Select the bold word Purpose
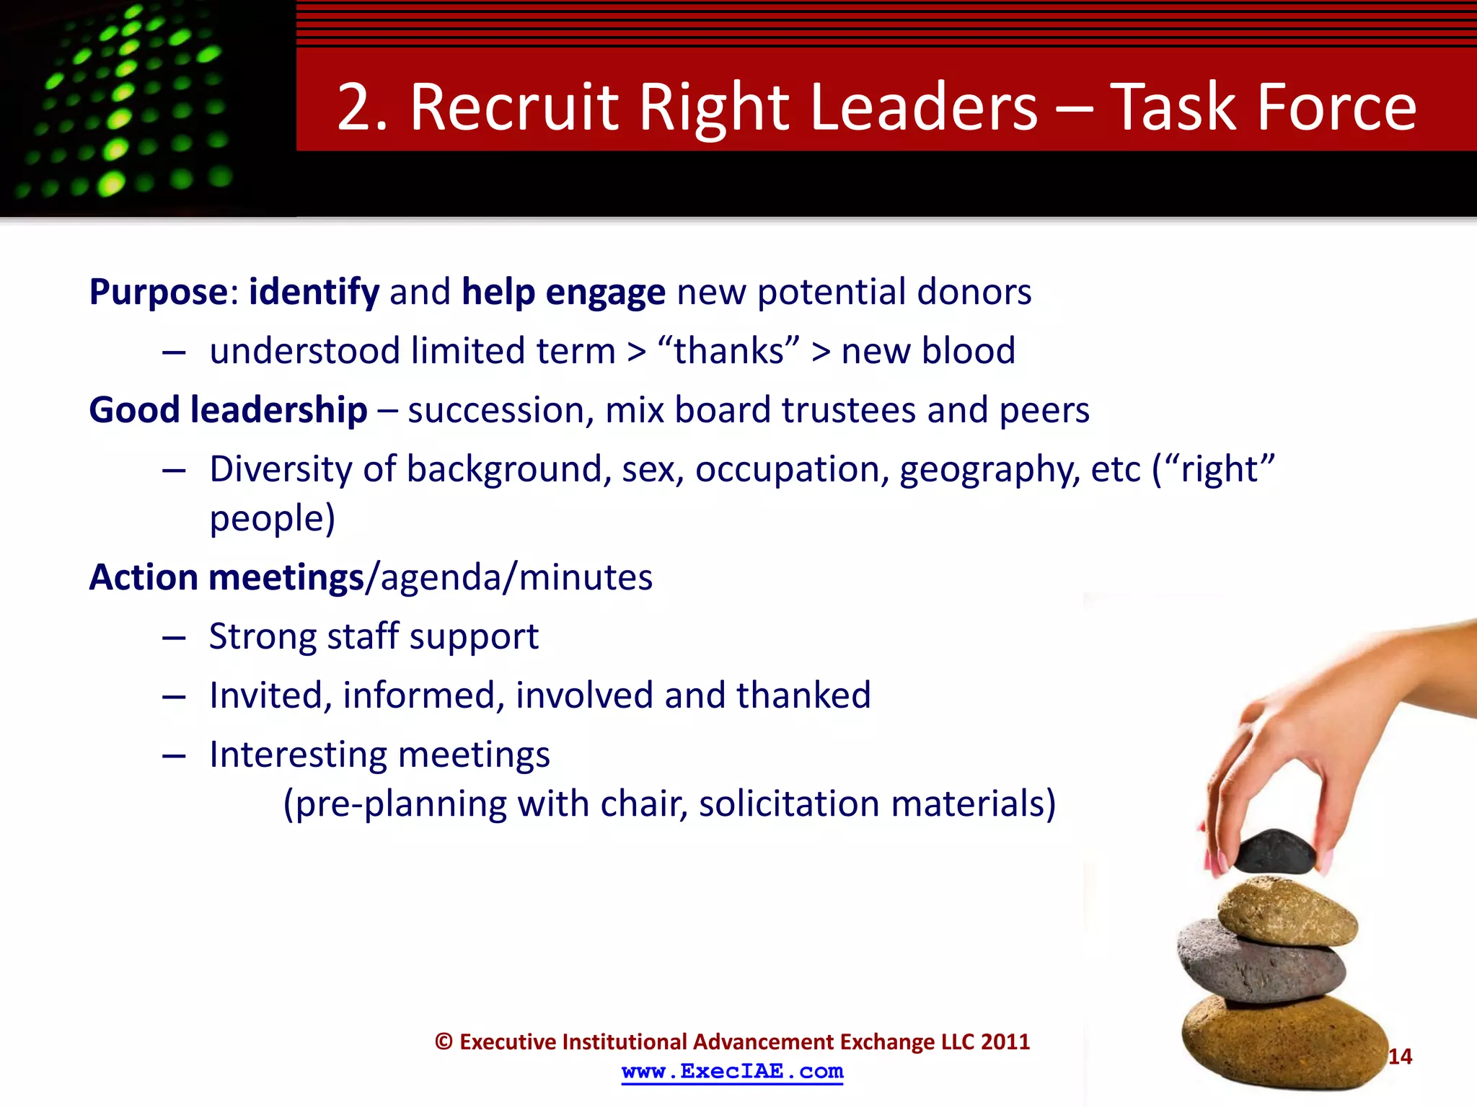159,293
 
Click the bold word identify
314,293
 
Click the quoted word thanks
728,351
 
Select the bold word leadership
278,411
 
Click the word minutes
585,577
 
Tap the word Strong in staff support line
263,636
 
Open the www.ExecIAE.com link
732,1072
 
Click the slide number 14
1400,1057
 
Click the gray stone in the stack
1261,962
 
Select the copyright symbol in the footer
444,1042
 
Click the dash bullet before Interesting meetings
175,756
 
